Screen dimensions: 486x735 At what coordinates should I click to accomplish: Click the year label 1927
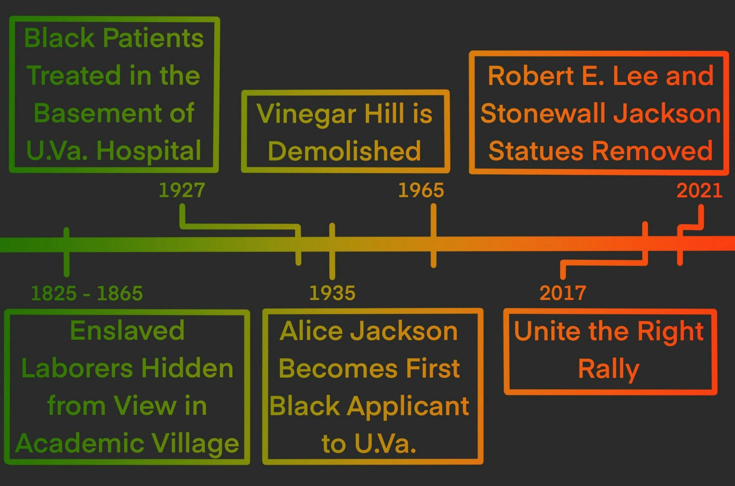click(x=182, y=190)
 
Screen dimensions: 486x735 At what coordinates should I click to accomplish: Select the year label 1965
click(x=421, y=190)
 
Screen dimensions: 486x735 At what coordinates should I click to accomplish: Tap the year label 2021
click(x=699, y=190)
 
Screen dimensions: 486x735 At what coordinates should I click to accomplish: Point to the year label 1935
click(x=332, y=293)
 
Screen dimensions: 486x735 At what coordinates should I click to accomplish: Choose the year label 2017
click(x=563, y=293)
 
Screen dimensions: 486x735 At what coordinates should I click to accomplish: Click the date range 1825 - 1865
click(x=87, y=293)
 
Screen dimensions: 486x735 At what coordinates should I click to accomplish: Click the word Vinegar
click(x=306, y=114)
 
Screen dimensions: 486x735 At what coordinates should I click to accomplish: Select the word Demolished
click(x=344, y=151)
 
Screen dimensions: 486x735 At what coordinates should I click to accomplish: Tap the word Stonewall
click(x=544, y=113)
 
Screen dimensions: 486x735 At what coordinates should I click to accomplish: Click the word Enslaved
click(x=127, y=330)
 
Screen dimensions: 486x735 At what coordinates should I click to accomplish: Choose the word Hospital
click(x=149, y=151)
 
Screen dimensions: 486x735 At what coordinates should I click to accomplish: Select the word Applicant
click(x=408, y=406)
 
